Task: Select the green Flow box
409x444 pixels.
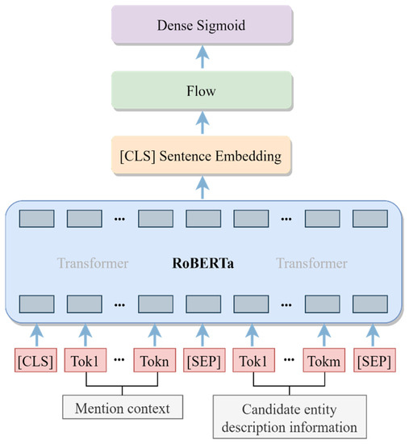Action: click(202, 90)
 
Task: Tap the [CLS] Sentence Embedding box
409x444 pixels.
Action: click(202, 154)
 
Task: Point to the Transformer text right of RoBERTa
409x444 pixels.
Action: click(311, 263)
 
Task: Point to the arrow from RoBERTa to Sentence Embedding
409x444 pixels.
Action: click(202, 185)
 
